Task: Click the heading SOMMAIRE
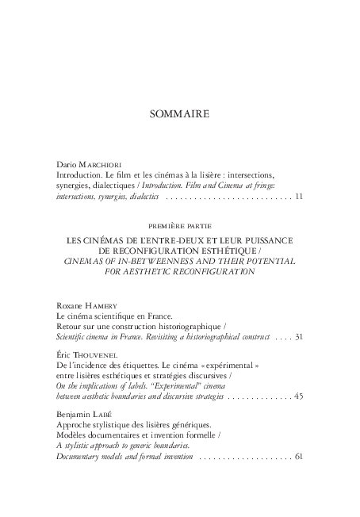pos(179,114)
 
